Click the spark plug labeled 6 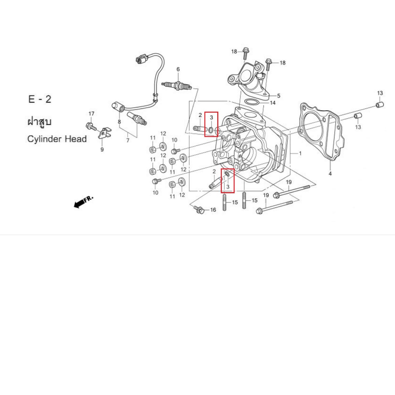click(x=177, y=86)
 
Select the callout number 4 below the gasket click(x=330, y=174)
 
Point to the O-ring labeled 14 click(x=252, y=102)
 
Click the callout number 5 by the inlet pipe click(x=279, y=96)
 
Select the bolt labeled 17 click(x=91, y=126)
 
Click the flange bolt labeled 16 click(x=199, y=209)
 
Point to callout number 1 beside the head click(x=300, y=153)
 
